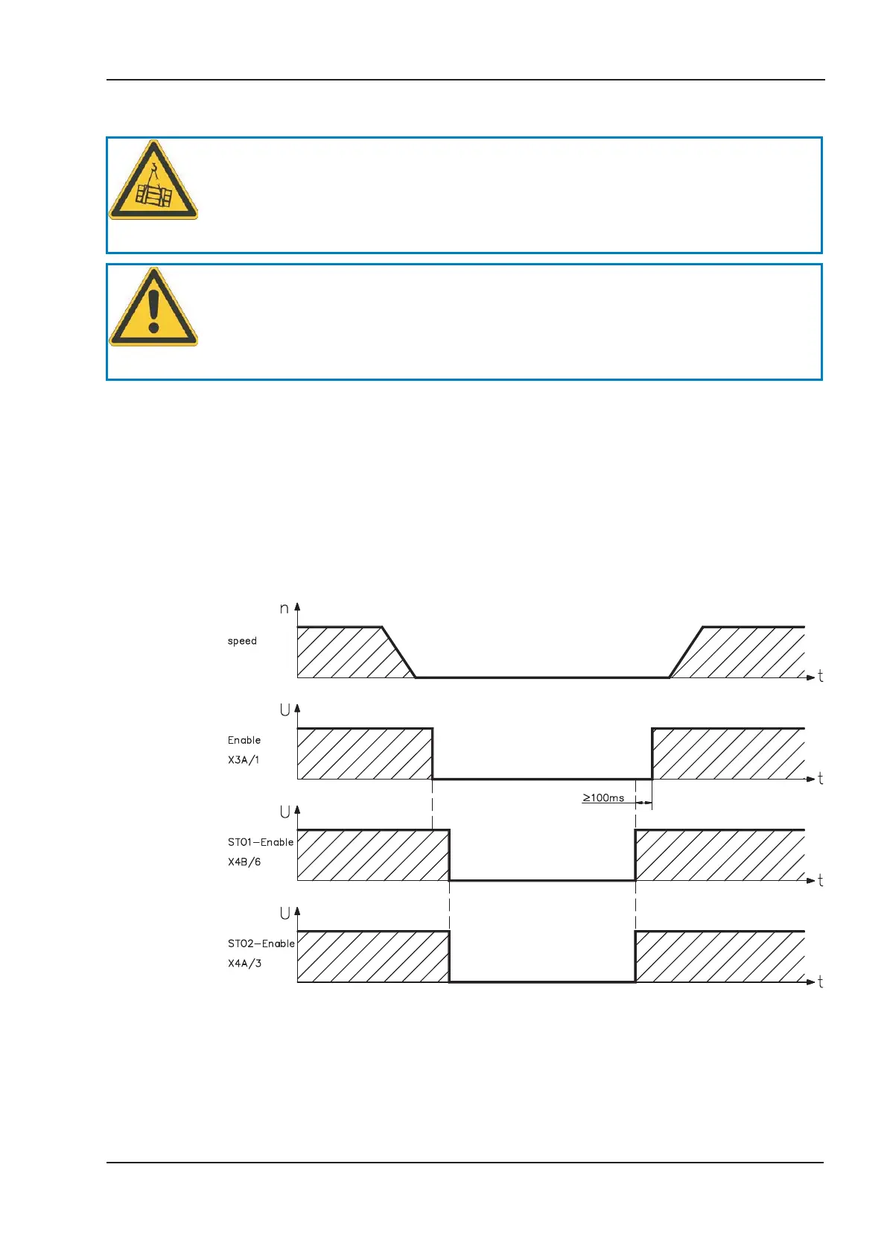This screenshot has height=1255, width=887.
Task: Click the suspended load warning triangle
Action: coord(153,182)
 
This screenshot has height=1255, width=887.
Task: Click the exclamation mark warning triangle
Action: coord(153,309)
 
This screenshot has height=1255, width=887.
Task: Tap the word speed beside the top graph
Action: coord(242,641)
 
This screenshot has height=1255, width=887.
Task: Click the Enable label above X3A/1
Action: coord(244,740)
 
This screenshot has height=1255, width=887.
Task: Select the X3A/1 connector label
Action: coord(244,760)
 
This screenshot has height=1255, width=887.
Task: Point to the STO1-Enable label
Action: coord(261,842)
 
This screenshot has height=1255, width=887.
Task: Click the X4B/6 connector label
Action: coord(244,862)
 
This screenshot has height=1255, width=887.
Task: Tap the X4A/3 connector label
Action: coord(244,964)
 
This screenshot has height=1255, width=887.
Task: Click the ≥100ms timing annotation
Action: coord(603,798)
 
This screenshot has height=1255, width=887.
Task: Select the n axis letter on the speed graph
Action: coord(284,609)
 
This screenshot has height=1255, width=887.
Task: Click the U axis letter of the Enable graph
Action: coord(284,710)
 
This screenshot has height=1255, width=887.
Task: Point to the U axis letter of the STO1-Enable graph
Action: coord(284,812)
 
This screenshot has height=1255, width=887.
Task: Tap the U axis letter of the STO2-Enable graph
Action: coord(284,914)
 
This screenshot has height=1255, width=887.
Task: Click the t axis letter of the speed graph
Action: coord(821,677)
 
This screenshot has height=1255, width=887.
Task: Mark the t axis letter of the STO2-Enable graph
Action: coord(821,982)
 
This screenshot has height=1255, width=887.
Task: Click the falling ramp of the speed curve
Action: coord(398,652)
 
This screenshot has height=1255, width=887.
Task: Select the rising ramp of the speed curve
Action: coord(686,652)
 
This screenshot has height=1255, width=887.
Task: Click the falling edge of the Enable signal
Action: coord(433,753)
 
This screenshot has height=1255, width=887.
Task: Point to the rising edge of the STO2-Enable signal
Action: coord(635,957)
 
